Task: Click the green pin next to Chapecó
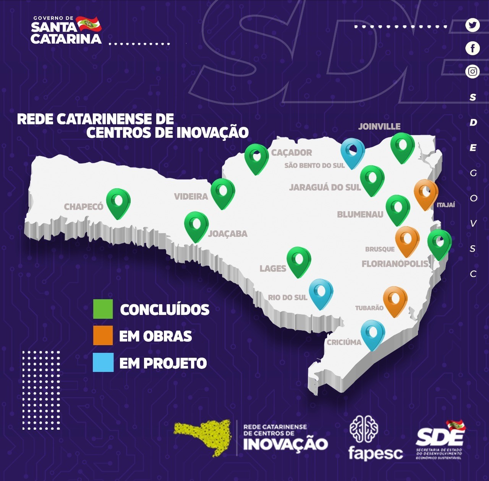[x=118, y=202]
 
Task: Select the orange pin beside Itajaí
[x=426, y=193]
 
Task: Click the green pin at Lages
[x=299, y=260]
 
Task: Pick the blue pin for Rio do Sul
[x=321, y=292]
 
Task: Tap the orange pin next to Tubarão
[x=395, y=300]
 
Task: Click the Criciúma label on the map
[x=344, y=342]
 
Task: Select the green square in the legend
[x=103, y=309]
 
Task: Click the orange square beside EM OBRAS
[x=103, y=336]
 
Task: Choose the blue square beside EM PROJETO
[x=103, y=362]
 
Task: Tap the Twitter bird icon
[x=473, y=25]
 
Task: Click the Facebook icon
[x=473, y=48]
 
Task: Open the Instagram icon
[x=473, y=72]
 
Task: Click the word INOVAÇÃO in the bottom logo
[x=285, y=444]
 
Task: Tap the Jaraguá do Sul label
[x=325, y=187]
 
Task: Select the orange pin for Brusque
[x=407, y=240]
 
